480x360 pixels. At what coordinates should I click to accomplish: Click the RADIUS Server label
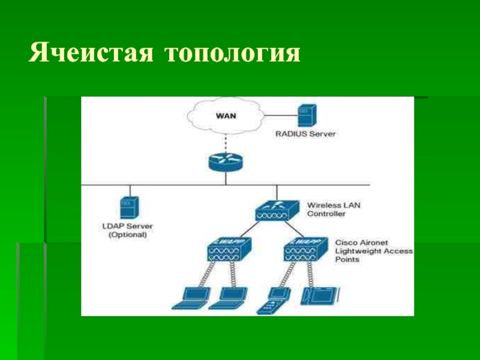(x=305, y=134)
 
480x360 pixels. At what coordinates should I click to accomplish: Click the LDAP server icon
(x=127, y=208)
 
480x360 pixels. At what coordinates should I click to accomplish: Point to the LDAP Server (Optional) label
(x=127, y=231)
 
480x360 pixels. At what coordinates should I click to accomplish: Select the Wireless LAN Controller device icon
(x=277, y=210)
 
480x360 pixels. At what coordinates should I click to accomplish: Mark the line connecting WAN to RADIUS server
(x=281, y=114)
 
